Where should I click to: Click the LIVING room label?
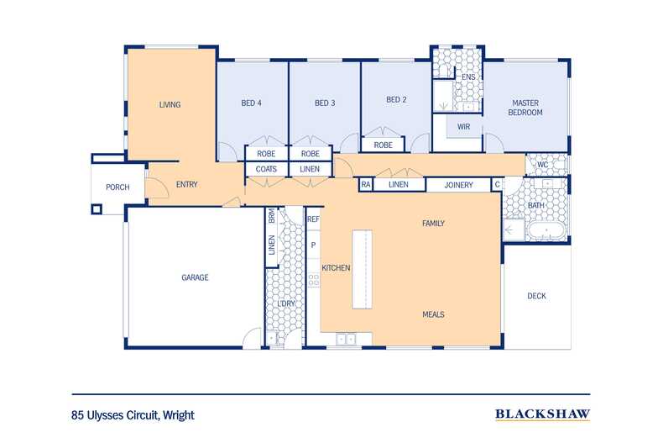(x=170, y=104)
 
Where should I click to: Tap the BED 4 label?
(x=251, y=103)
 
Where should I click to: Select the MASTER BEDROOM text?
(x=525, y=108)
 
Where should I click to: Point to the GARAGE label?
(x=195, y=277)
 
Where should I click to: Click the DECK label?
(x=536, y=296)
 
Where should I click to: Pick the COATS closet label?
(x=266, y=169)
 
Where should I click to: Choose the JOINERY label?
(x=458, y=185)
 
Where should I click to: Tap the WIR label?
(x=463, y=127)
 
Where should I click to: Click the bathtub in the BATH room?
(x=546, y=231)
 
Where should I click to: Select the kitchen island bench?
(x=363, y=269)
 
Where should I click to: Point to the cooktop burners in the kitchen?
(x=313, y=280)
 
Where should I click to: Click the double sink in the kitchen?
(x=346, y=340)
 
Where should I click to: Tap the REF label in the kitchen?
(x=313, y=219)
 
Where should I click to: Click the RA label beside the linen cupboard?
(x=366, y=185)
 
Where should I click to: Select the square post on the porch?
(x=97, y=209)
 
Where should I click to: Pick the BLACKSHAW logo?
(x=542, y=414)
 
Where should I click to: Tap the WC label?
(x=542, y=165)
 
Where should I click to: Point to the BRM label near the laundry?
(x=271, y=216)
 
